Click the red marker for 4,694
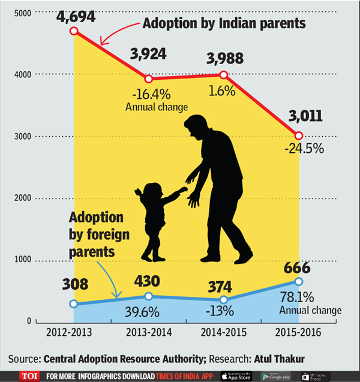pos(73,31)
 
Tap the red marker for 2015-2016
pos(299,135)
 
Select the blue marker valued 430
pos(148,296)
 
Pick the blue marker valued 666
pos(299,281)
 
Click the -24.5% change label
pos(304,149)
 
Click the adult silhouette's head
pos(197,128)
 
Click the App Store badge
pos(235,376)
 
